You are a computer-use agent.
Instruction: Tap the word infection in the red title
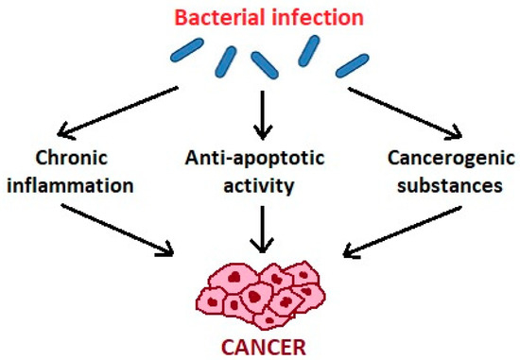(307, 17)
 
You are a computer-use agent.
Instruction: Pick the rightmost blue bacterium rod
(351, 64)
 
